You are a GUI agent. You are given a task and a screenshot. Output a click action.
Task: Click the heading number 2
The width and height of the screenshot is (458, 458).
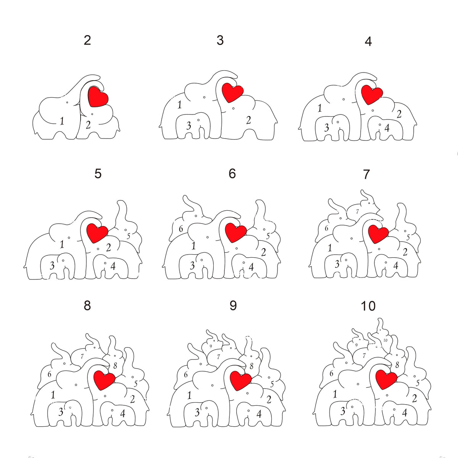coord(87,40)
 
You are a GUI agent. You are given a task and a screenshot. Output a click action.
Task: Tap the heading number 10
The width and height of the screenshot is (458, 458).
coord(368,306)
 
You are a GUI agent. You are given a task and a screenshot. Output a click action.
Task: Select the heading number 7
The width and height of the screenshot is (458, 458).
coord(366,174)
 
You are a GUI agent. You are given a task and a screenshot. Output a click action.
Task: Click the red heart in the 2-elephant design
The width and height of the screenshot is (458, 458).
coord(98,96)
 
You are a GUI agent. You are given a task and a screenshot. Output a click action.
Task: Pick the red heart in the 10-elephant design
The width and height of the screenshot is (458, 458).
coord(386,379)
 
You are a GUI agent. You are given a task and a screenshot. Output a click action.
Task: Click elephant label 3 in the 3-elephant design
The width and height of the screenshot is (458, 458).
coord(189,126)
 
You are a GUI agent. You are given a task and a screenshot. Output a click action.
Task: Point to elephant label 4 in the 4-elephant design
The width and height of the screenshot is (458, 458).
coord(387,128)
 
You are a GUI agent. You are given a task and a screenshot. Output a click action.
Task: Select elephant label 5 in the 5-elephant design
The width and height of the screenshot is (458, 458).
coord(129,236)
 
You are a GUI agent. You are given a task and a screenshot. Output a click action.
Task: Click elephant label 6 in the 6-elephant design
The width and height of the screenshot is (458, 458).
coord(181,229)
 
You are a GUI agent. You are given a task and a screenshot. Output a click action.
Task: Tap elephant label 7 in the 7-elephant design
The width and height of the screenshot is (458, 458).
coord(357,211)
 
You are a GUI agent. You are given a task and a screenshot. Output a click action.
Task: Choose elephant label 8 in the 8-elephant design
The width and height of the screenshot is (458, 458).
coord(115,366)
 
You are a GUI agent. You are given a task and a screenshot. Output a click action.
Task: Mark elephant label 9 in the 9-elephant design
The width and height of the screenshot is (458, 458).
coord(210,346)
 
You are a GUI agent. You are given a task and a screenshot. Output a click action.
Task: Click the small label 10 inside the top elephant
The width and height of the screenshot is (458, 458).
coord(385,340)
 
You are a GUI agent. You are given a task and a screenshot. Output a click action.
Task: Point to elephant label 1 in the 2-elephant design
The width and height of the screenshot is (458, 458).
coord(62,121)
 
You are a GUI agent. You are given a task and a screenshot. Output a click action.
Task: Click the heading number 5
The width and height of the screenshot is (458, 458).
coord(98,174)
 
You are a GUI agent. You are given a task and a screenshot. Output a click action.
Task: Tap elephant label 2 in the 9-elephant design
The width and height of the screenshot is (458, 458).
coord(269,400)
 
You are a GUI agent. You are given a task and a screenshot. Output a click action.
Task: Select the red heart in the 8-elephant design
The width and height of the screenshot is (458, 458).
coord(104,380)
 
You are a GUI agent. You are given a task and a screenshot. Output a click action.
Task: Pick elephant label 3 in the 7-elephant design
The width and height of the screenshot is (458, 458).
coord(337,264)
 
